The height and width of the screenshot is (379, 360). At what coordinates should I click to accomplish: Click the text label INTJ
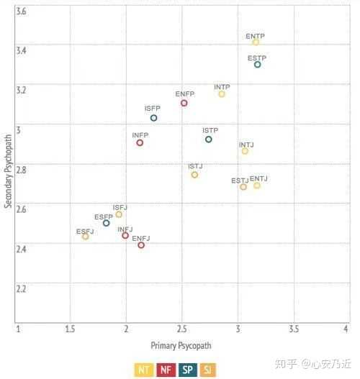pos(246,145)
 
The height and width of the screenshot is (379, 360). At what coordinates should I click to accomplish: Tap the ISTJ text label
pos(196,166)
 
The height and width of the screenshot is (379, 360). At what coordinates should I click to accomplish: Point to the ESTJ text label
pos(240,181)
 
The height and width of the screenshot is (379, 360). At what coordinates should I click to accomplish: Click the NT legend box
pos(144,370)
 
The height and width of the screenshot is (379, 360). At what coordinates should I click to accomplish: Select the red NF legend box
pos(166,370)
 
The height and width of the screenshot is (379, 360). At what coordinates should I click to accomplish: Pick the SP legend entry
pos(188,370)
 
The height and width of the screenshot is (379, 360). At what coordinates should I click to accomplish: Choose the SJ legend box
pos(208,370)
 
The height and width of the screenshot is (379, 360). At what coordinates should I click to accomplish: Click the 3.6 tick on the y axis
pos(21,12)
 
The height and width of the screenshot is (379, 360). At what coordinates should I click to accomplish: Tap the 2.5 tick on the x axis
pos(181,329)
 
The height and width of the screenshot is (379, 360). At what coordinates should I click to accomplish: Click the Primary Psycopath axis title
pos(181,346)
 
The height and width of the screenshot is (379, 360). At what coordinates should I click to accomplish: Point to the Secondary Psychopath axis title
pos(8,171)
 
